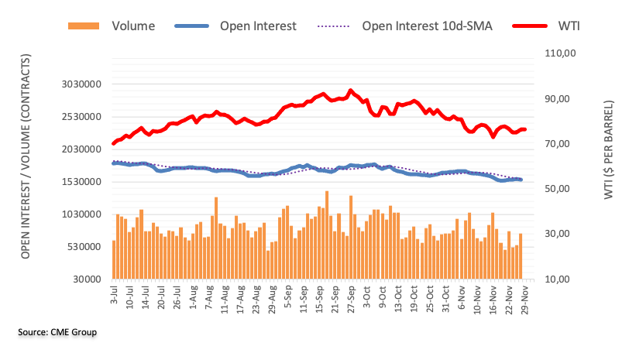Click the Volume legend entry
133,26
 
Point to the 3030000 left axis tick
83,84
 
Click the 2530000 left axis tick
83,117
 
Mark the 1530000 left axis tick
83,182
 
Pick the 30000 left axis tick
89,279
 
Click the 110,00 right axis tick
562,54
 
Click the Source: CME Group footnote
58,332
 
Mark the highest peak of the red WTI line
351,90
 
